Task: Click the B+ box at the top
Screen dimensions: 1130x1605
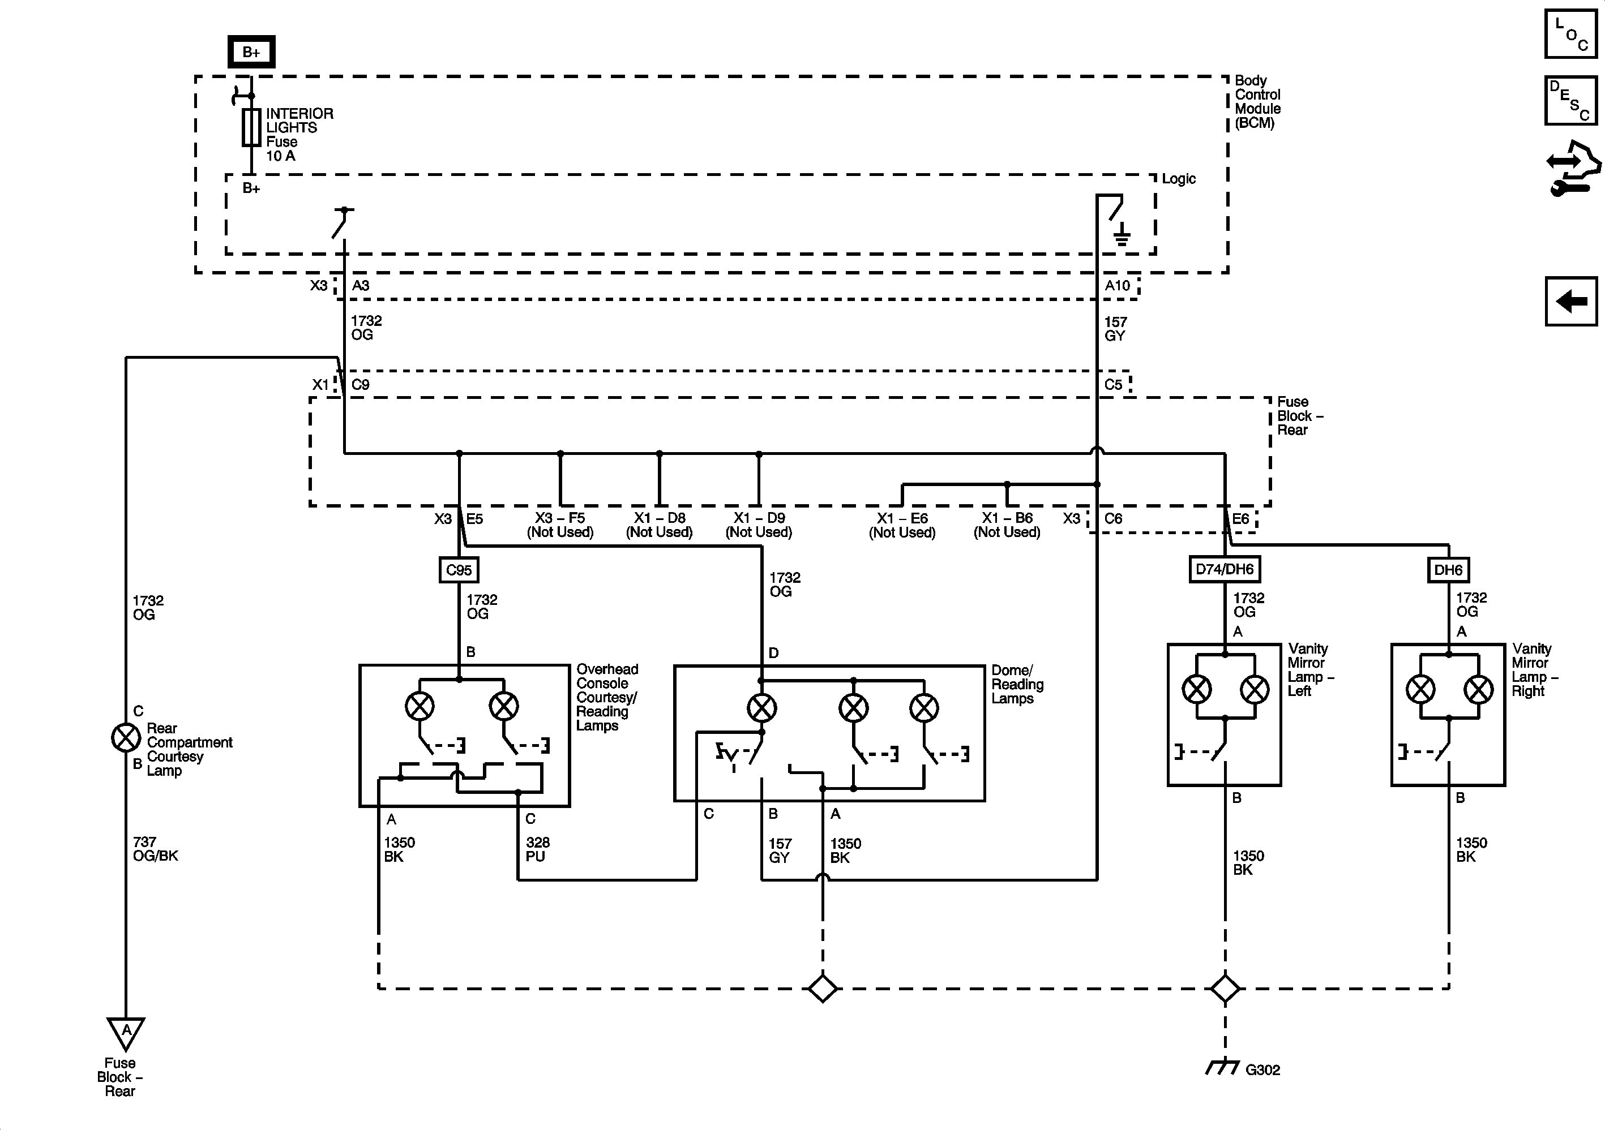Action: click(x=251, y=51)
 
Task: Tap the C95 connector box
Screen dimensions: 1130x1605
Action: click(x=459, y=570)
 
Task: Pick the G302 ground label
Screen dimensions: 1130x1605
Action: click(x=1262, y=1069)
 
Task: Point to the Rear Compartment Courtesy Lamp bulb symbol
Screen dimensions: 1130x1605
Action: click(x=126, y=737)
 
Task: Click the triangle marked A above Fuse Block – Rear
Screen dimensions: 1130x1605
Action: click(x=126, y=1032)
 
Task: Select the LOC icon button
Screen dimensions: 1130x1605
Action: click(x=1570, y=33)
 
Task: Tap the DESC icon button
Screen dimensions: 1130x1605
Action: click(x=1570, y=100)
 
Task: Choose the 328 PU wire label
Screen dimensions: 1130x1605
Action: click(x=538, y=849)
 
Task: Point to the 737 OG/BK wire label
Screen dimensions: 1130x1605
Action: click(x=155, y=848)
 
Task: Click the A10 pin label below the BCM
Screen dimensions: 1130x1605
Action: click(x=1117, y=285)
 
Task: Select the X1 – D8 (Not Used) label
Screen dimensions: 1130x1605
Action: click(x=659, y=525)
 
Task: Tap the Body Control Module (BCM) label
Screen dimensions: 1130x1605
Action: click(x=1257, y=101)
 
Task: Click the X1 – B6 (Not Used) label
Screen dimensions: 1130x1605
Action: click(x=1007, y=525)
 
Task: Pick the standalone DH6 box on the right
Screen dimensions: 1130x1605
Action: click(x=1448, y=570)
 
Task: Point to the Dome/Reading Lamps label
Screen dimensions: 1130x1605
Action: click(x=1017, y=684)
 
